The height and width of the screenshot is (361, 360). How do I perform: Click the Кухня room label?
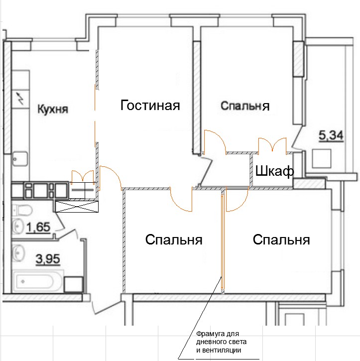tap(53, 109)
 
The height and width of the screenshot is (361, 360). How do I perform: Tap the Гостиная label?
tap(150, 106)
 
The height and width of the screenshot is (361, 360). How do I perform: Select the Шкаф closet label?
tap(274, 171)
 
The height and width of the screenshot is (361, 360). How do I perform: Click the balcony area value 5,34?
tap(331, 135)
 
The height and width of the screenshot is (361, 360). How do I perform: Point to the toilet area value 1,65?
tap(38, 227)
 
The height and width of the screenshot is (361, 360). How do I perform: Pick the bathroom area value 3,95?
tap(48, 259)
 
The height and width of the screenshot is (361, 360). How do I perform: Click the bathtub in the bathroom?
tap(38, 281)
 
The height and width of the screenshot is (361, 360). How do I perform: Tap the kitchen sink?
tap(20, 159)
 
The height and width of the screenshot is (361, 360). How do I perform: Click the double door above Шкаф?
tap(272, 144)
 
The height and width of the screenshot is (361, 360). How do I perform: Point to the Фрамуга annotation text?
tap(221, 342)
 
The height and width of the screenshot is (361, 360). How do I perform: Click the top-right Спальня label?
tap(245, 106)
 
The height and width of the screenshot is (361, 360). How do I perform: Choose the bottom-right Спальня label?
tap(281, 240)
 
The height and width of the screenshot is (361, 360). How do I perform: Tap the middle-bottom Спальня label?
tap(174, 240)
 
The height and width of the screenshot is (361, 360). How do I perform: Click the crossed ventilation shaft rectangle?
tap(77, 207)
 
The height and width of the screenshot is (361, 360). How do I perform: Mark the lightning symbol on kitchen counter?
tap(21, 99)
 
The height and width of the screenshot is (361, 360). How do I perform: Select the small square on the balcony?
tap(322, 158)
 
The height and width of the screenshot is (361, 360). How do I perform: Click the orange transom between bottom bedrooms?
tap(223, 241)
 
